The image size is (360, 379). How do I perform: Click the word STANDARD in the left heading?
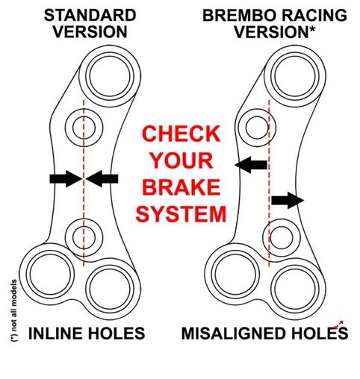coord(90,15)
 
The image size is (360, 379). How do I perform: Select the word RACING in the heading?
coord(315,15)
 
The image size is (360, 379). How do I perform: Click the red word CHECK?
coord(181,134)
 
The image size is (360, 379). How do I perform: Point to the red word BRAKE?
coord(181,187)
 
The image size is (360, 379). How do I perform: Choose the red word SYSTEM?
coord(181,214)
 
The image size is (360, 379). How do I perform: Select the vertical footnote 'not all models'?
coord(14,310)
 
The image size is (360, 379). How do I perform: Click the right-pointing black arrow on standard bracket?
coord(66,178)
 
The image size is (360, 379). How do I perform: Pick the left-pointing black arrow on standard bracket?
coord(102,178)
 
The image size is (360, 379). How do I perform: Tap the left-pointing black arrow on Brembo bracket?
coord(251,165)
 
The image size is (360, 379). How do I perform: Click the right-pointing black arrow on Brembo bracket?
coord(288,200)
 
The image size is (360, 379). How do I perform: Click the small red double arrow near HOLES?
coord(339,325)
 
